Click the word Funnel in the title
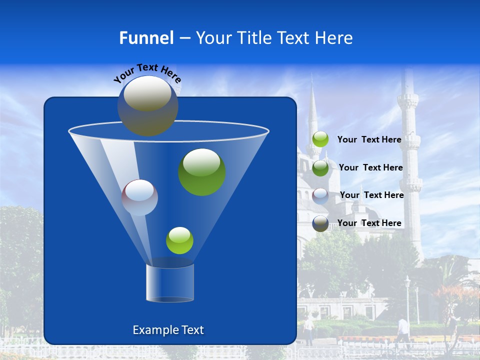(146, 38)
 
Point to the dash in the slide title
(184, 38)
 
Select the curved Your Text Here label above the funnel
(147, 72)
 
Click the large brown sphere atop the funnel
(148, 105)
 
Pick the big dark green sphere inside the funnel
(202, 172)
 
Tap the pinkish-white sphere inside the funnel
(139, 197)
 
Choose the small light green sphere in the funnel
(179, 240)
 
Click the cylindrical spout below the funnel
(170, 283)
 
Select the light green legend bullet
(320, 139)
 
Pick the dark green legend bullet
(320, 168)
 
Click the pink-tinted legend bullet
(320, 196)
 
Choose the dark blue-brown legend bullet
(320, 223)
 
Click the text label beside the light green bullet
(369, 140)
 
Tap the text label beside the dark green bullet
(370, 167)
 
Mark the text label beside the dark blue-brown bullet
(369, 223)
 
